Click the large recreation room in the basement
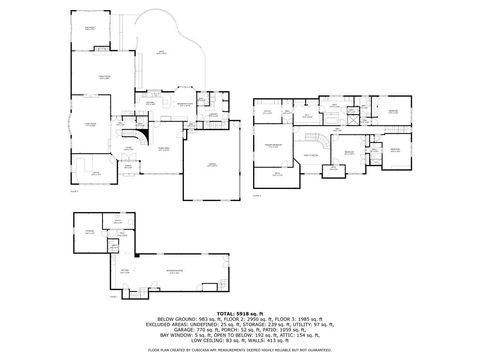175,270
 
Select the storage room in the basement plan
89,232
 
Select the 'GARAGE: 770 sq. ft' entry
179,330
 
